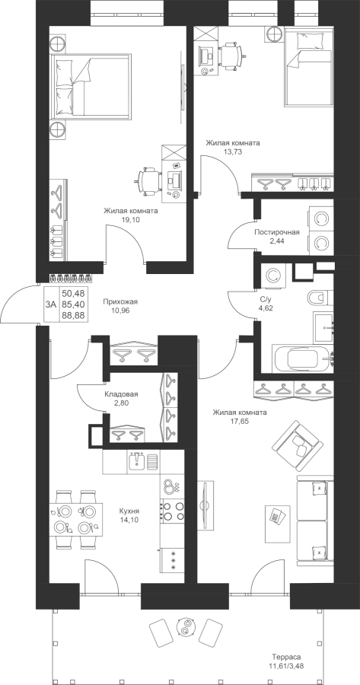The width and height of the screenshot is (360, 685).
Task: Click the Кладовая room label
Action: [x=121, y=394]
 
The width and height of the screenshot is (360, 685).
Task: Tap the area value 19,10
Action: [x=131, y=220]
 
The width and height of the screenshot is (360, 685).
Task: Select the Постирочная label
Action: [x=277, y=232]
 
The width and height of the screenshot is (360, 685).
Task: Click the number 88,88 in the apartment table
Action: [x=73, y=315]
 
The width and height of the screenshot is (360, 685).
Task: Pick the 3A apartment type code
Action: [x=51, y=304]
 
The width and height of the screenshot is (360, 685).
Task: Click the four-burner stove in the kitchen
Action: [x=173, y=511]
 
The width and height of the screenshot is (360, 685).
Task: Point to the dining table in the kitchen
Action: [x=76, y=519]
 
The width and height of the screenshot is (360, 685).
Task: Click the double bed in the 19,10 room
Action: [x=91, y=86]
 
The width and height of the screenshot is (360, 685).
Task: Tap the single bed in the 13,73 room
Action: [x=309, y=66]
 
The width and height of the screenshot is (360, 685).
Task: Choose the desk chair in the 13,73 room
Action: [x=232, y=56]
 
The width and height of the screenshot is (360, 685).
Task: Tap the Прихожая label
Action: [x=120, y=301]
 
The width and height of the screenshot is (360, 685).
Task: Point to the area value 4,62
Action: [x=266, y=307]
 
